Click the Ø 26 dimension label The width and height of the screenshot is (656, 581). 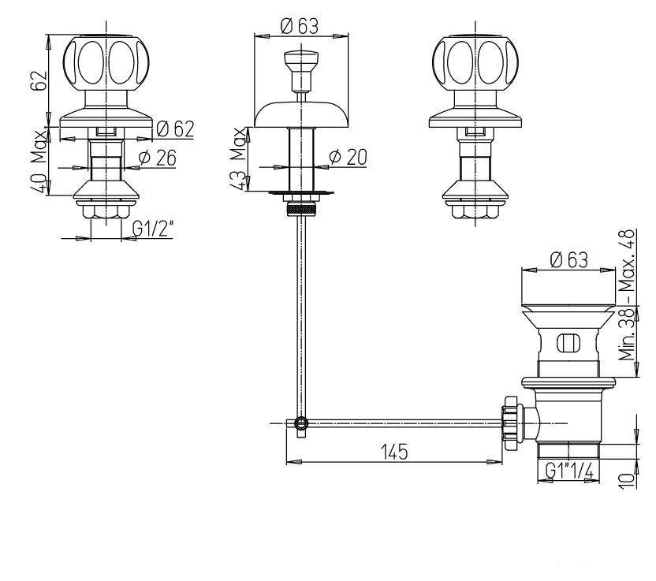[x=158, y=158]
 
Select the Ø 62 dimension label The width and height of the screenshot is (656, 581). [x=175, y=128]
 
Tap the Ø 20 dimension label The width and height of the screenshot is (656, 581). [x=348, y=157]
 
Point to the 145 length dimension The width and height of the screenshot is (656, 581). [x=394, y=452]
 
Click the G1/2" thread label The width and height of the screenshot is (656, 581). [x=153, y=229]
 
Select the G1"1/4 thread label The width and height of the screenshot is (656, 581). [x=570, y=471]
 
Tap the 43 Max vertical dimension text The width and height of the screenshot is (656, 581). [x=238, y=159]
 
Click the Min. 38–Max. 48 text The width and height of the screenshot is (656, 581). [x=627, y=295]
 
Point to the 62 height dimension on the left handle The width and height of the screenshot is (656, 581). [x=38, y=80]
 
